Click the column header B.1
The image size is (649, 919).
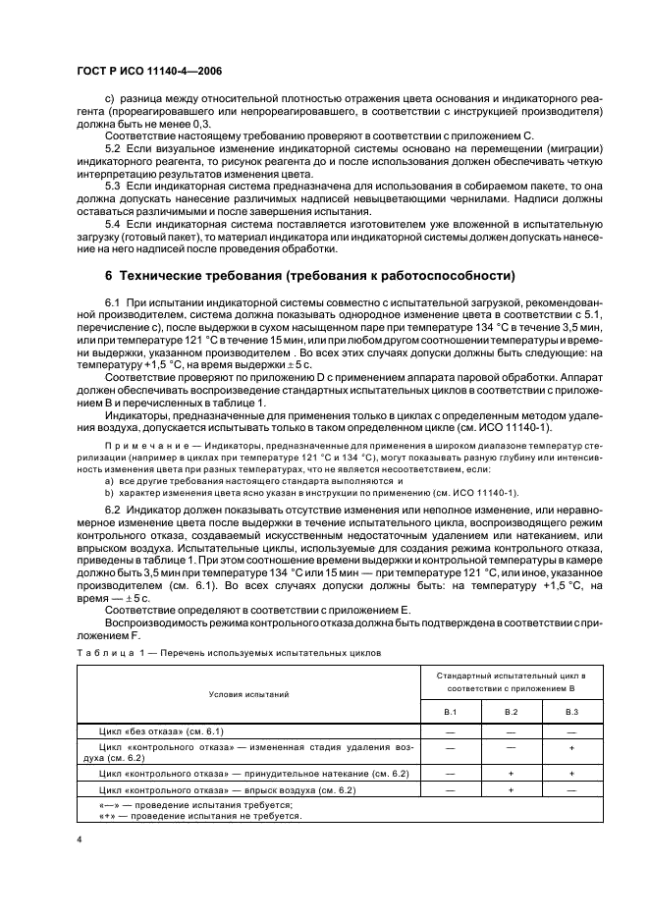[x=451, y=711]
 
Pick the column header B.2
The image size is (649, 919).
[x=511, y=711]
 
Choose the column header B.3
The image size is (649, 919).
[x=570, y=711]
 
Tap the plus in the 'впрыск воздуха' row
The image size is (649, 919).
[x=511, y=789]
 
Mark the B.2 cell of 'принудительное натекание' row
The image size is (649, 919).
[x=511, y=774]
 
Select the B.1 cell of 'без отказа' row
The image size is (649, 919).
[x=451, y=731]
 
